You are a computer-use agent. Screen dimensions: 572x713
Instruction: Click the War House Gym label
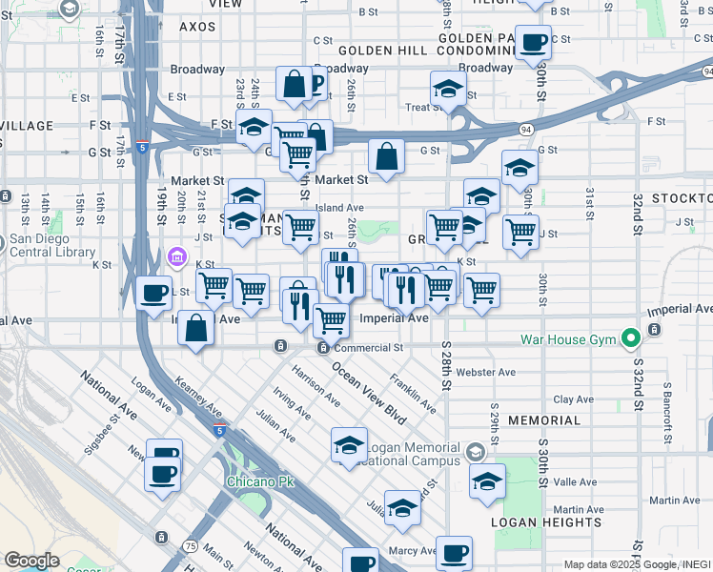(569, 339)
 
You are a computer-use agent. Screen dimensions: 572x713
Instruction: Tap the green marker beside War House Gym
(629, 338)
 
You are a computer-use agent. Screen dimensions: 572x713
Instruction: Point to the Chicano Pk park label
(259, 481)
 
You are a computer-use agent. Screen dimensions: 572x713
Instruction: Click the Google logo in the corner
(31, 561)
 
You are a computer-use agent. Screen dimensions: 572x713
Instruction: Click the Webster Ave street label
(486, 372)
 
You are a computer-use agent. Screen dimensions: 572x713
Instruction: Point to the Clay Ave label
(575, 400)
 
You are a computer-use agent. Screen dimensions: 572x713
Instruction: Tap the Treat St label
(420, 108)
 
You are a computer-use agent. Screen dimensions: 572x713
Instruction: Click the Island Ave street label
(339, 207)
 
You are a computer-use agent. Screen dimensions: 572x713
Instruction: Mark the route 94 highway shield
(526, 127)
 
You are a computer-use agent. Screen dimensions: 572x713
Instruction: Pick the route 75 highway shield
(191, 545)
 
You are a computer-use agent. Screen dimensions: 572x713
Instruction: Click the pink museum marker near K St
(176, 256)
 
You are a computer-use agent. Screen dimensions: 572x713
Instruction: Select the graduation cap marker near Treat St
(448, 89)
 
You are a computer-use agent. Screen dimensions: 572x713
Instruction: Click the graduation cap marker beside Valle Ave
(487, 481)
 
